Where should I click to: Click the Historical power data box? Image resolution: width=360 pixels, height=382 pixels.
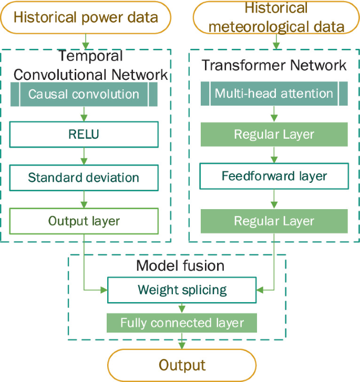(86, 17)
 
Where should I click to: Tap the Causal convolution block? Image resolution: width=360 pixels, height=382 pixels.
(84, 95)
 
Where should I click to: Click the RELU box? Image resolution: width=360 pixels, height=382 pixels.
(84, 135)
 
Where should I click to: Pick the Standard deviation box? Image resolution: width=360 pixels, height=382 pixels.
(84, 178)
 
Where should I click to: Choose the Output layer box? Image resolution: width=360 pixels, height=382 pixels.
(84, 221)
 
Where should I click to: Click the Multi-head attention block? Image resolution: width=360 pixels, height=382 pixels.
(274, 94)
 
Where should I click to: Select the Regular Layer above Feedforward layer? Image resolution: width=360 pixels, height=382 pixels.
(274, 135)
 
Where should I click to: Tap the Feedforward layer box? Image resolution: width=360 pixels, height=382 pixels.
(274, 176)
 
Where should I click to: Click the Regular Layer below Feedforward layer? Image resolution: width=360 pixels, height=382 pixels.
(274, 221)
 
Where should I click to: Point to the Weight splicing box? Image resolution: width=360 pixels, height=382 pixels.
(182, 290)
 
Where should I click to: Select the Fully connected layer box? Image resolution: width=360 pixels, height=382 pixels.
(182, 323)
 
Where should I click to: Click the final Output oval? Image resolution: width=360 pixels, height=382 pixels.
(182, 365)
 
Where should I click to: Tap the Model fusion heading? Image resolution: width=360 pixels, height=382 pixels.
(180, 266)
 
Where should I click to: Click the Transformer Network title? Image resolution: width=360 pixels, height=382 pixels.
(274, 66)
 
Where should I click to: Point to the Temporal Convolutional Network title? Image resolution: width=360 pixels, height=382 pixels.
(90, 65)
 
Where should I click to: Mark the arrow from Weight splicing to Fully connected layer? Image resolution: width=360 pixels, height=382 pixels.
(182, 308)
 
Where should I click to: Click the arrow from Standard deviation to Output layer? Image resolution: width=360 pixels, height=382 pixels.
(84, 199)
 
